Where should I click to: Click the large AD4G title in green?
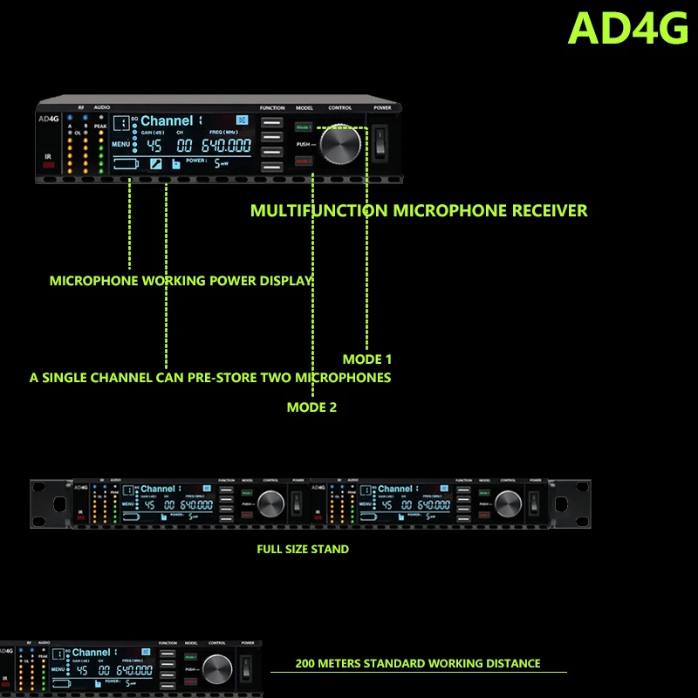click(x=628, y=28)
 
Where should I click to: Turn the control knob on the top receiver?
click(x=339, y=145)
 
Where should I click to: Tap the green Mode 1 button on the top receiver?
click(x=303, y=127)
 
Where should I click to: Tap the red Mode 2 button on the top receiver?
click(x=303, y=161)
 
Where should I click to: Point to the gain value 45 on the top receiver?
click(x=154, y=146)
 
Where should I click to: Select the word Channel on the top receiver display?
click(x=167, y=120)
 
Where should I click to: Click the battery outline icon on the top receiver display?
click(x=126, y=163)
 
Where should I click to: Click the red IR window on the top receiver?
click(x=49, y=164)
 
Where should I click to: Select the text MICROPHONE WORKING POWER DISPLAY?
click(x=181, y=281)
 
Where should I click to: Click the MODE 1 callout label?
click(x=367, y=359)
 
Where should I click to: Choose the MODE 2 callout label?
click(x=311, y=407)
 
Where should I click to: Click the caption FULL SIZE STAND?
click(x=303, y=549)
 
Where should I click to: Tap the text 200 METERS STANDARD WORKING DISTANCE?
click(x=418, y=663)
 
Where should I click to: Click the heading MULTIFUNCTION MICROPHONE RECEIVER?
click(x=419, y=210)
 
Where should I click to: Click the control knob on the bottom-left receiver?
click(x=218, y=669)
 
